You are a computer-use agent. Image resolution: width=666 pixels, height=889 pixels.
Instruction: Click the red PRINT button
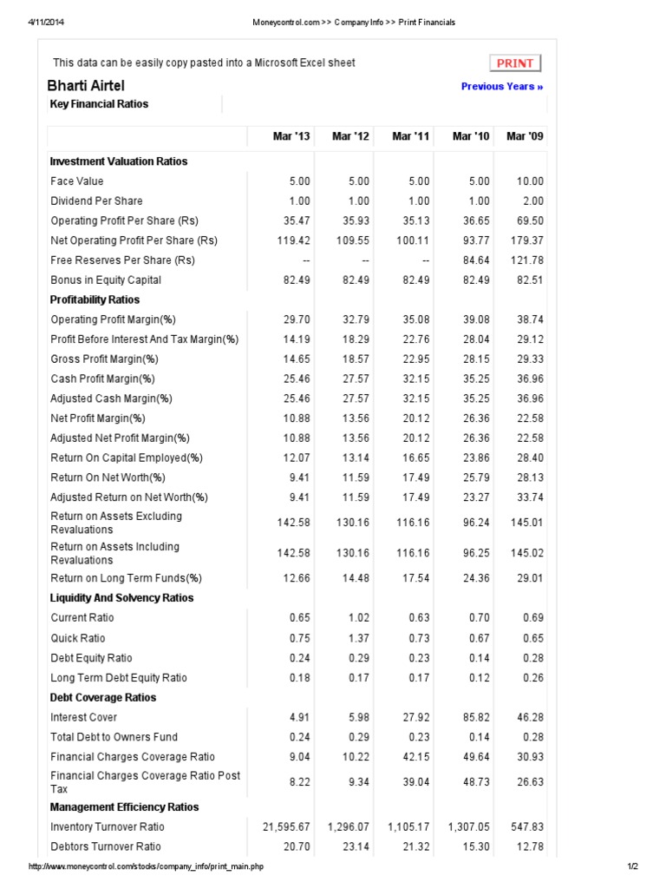click(x=515, y=63)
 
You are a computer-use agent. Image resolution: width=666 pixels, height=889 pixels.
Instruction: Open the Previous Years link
click(x=502, y=86)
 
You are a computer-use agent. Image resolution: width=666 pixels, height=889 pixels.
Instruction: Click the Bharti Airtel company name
click(x=86, y=85)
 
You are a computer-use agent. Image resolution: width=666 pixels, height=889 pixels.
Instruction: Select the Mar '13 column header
click(x=291, y=136)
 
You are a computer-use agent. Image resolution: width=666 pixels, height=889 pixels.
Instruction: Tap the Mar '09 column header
click(x=526, y=136)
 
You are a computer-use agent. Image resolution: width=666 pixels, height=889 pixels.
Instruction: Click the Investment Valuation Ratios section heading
click(x=119, y=161)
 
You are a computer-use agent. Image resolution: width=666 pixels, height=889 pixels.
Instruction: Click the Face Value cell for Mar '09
click(x=530, y=181)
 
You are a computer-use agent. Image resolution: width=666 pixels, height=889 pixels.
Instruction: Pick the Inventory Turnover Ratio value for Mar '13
click(x=286, y=826)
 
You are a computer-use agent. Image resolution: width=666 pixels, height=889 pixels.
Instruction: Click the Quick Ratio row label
click(x=78, y=637)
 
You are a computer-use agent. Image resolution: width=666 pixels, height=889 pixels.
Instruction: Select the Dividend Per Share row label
click(x=96, y=201)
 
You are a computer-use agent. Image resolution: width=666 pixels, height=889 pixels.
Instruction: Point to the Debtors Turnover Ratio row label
click(x=106, y=846)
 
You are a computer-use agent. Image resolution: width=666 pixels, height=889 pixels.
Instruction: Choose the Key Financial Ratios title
click(x=100, y=104)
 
